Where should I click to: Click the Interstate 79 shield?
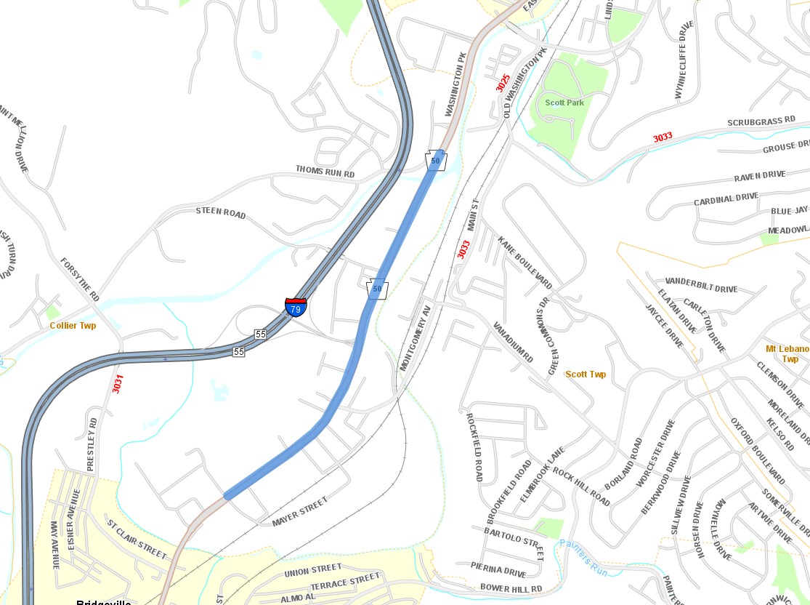(295, 306)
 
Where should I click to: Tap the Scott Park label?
(564, 103)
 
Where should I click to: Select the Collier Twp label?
(73, 326)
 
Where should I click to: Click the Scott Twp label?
(586, 374)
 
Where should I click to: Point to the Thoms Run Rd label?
(325, 172)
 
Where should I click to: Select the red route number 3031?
(117, 383)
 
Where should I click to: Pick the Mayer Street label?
(300, 511)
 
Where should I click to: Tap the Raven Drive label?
(759, 176)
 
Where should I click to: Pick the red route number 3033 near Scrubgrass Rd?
(662, 137)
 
